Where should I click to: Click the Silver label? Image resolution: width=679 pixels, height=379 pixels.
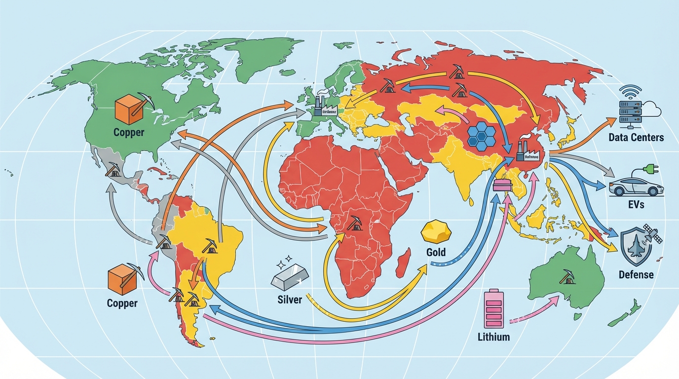pyautogui.click(x=290, y=300)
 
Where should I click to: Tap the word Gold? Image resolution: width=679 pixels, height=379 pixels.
pyautogui.click(x=435, y=252)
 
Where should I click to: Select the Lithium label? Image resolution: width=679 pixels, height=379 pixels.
pyautogui.click(x=493, y=338)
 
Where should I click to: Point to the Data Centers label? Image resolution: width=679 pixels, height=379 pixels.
pyautogui.click(x=636, y=137)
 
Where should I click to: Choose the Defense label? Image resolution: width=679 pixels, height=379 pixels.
pyautogui.click(x=636, y=274)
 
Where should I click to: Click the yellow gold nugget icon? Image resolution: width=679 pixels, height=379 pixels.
pyautogui.click(x=436, y=231)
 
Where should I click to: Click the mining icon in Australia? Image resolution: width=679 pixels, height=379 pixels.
pyautogui.click(x=566, y=277)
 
